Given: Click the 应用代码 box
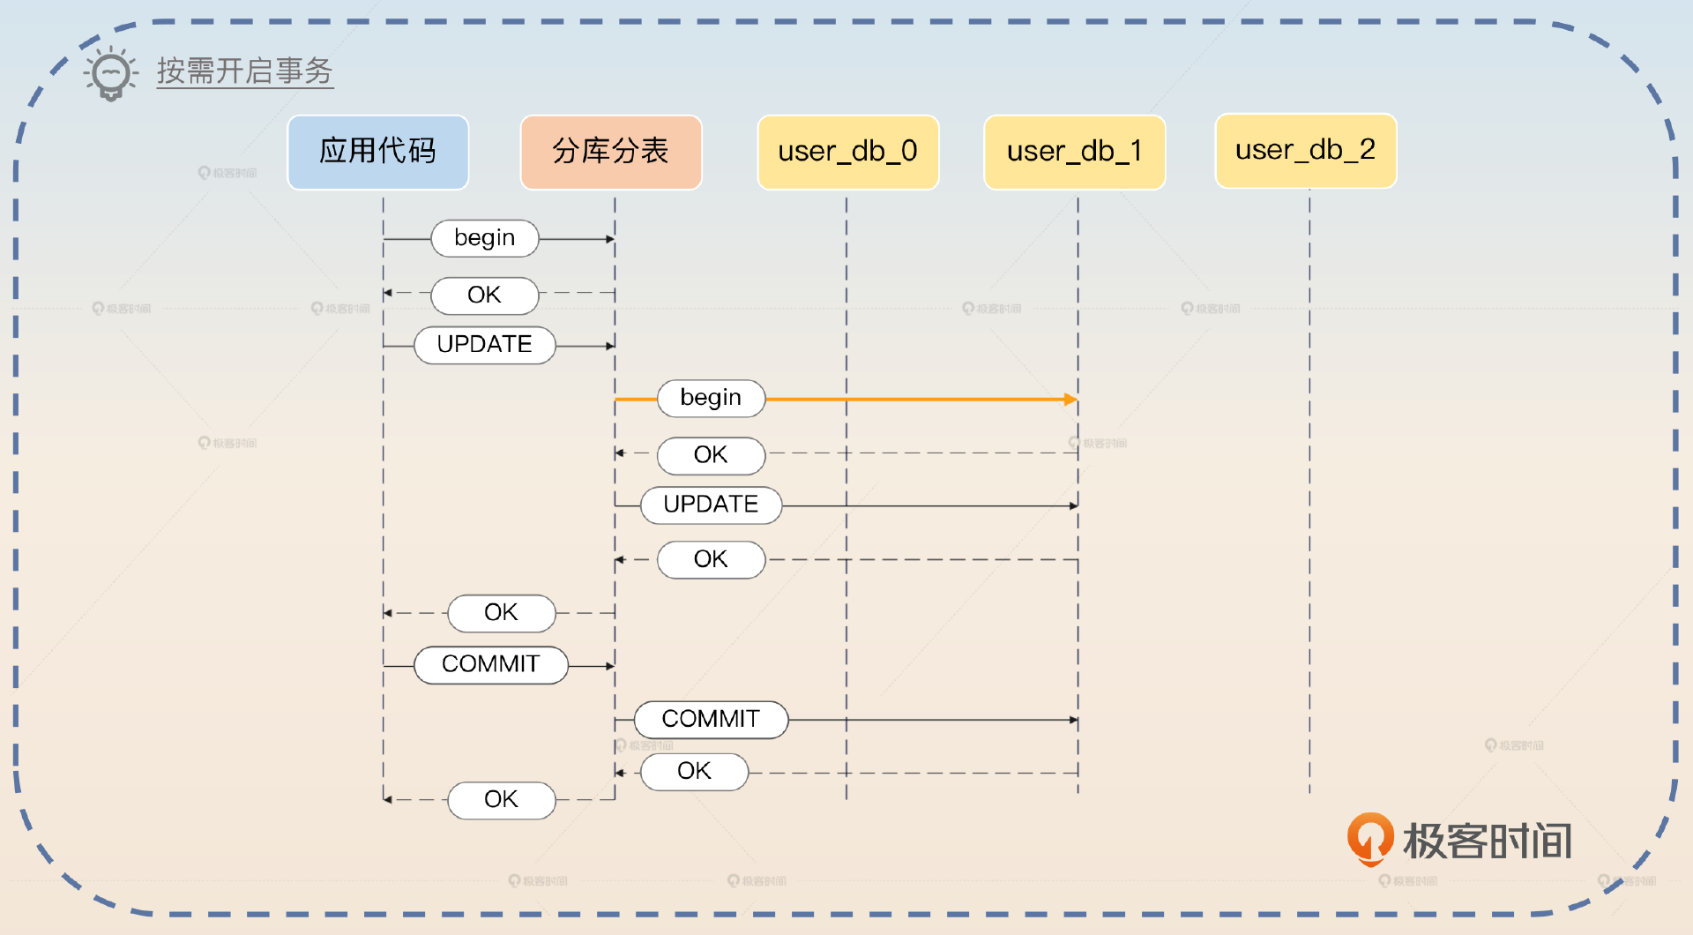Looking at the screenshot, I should tap(377, 152).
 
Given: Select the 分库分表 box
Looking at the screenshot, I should tap(611, 152).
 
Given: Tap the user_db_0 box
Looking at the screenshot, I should tap(847, 152).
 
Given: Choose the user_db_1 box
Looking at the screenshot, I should tap(1074, 152).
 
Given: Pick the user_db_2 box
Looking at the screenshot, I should tap(1305, 151).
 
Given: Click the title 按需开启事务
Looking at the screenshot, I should tap(244, 71).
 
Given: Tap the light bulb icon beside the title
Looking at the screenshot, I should tap(111, 73).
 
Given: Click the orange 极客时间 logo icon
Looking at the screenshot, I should tap(1369, 838).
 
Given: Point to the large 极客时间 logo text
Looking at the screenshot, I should tap(1488, 841).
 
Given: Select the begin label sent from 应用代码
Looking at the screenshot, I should tap(484, 238).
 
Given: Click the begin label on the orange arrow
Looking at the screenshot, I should tap(711, 399).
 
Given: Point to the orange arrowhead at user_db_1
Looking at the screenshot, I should tap(1070, 400).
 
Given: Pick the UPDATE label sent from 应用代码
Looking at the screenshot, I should tap(484, 345).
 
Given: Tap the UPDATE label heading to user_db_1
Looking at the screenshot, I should tap(711, 505).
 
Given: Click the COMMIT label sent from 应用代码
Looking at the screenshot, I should tap(490, 664).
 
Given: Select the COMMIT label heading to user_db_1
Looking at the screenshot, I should tap(711, 720).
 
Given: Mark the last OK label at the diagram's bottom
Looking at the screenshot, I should tap(501, 800).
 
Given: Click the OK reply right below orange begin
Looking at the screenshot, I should tap(711, 455).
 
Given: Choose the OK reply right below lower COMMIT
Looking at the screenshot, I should tap(694, 772).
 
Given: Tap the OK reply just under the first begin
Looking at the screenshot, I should tap(484, 295).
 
